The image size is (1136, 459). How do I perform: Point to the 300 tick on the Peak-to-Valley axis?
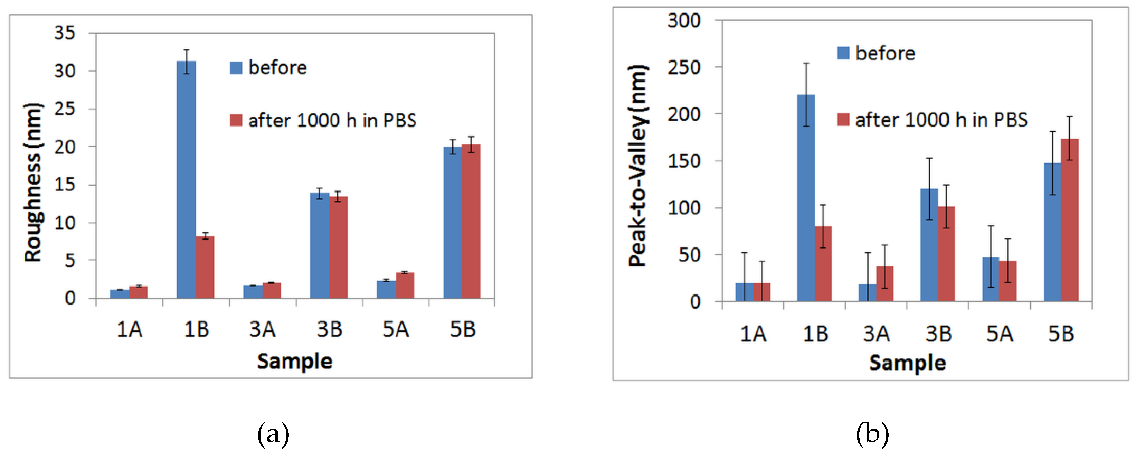(684, 20)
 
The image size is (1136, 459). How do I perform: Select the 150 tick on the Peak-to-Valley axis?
(684, 161)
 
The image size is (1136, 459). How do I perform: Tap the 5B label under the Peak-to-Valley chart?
(1061, 333)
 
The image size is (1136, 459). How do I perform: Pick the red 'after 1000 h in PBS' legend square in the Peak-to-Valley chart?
(843, 120)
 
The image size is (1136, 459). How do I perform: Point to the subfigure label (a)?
(273, 434)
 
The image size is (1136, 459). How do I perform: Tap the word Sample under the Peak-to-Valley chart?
(907, 363)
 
